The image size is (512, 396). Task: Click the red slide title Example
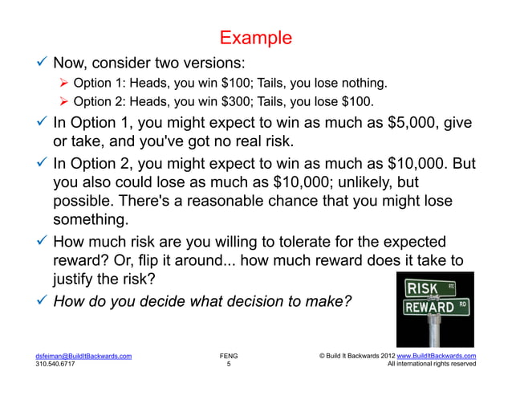[x=256, y=38]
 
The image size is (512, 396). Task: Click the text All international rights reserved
[x=431, y=364]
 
